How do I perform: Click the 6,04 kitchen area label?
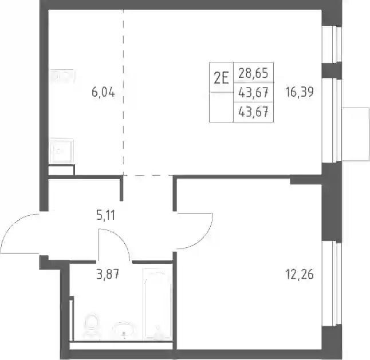pyautogui.click(x=103, y=92)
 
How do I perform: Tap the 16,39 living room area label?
pyautogui.click(x=300, y=92)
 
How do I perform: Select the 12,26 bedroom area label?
pyautogui.click(x=300, y=274)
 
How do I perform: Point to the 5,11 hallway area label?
pyautogui.click(x=105, y=215)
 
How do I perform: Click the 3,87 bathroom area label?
pyautogui.click(x=108, y=274)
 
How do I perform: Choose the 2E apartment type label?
pyautogui.click(x=221, y=78)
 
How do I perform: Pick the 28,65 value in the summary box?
pyautogui.click(x=253, y=73)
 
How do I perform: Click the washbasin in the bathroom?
pyautogui.click(x=123, y=329)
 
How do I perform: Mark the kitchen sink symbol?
pyautogui.click(x=61, y=151)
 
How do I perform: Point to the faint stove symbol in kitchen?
pyautogui.click(x=62, y=76)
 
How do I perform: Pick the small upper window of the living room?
pyautogui.click(x=332, y=44)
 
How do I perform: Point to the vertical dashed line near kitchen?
pyautogui.click(x=123, y=92)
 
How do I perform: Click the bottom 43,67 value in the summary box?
pyautogui.click(x=253, y=112)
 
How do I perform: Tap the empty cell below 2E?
pyautogui.click(x=221, y=107)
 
